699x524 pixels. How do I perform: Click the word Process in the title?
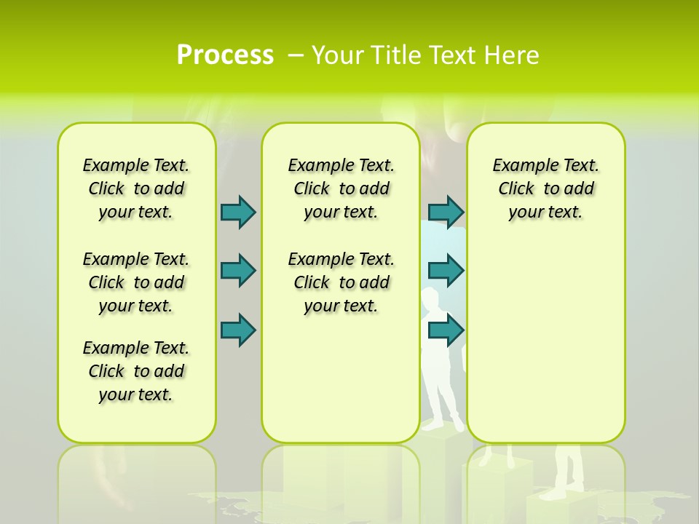[x=225, y=55]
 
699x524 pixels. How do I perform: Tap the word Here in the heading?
[x=513, y=55]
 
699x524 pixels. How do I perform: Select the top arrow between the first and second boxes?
[x=238, y=212]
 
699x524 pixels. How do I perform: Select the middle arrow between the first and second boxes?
[x=238, y=271]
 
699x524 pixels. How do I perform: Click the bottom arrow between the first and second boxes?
[x=238, y=330]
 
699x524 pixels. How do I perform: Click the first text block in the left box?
[x=136, y=188]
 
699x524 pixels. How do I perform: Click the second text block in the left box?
[x=136, y=282]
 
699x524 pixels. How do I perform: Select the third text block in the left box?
[x=136, y=371]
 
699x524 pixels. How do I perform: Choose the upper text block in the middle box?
[x=341, y=188]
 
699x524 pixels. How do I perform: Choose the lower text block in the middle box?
[x=341, y=282]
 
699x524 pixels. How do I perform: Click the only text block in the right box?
[x=545, y=188]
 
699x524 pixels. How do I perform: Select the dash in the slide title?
[x=296, y=55]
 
